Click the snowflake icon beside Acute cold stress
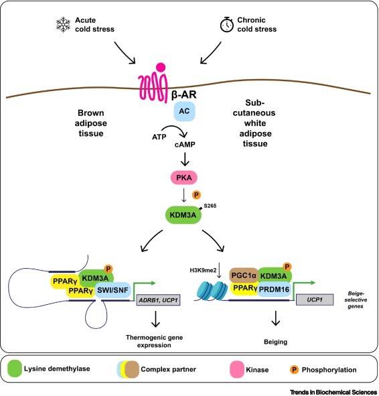(63, 25)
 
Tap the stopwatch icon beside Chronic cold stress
(227, 25)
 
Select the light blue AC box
(184, 111)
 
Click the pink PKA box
(184, 178)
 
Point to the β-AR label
(184, 94)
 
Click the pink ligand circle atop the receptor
(161, 68)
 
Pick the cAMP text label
(185, 145)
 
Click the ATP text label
(159, 137)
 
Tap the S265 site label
(210, 206)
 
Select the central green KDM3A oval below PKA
(183, 215)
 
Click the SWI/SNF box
(113, 290)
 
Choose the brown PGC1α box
(244, 275)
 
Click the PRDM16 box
(274, 289)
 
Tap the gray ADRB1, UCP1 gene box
(158, 300)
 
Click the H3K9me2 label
(203, 271)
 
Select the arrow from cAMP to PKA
(185, 159)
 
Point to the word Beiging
(275, 342)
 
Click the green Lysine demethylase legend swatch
(15, 369)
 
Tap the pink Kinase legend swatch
(237, 369)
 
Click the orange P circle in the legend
(294, 370)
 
